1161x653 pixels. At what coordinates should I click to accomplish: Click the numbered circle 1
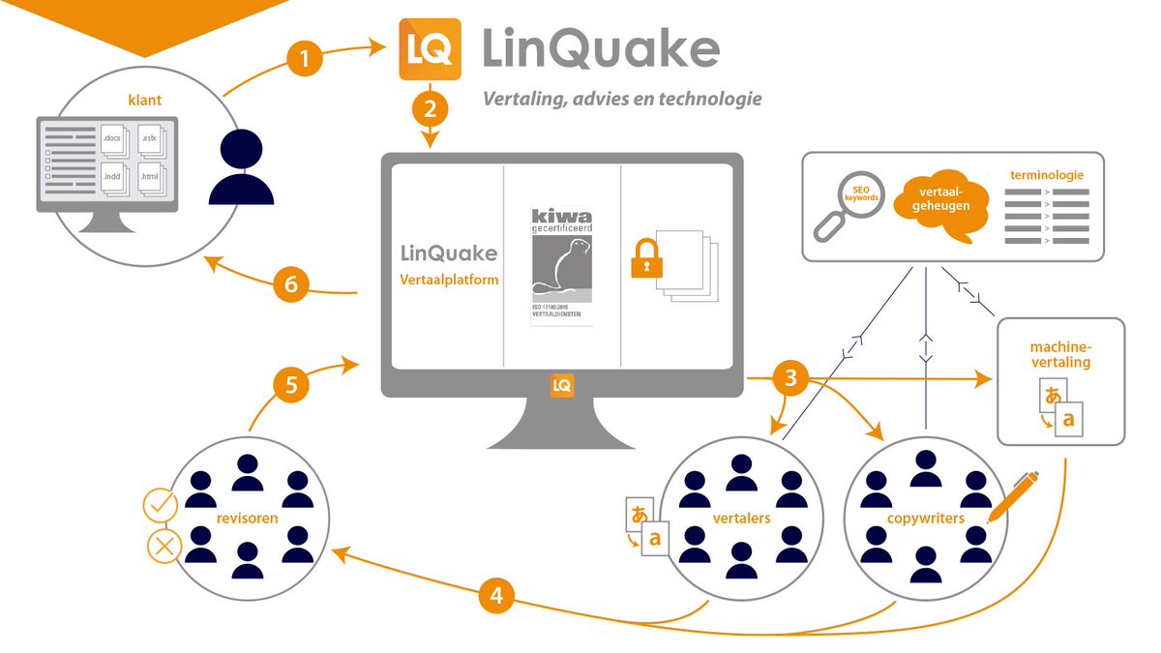coord(306,59)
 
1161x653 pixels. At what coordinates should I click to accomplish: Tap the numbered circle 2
coord(430,106)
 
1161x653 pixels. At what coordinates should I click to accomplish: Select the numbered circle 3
coord(791,379)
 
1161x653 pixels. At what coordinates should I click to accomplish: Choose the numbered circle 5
coord(290,385)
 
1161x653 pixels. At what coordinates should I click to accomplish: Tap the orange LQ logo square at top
coord(430,49)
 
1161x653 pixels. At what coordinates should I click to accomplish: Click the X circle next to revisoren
coord(164,546)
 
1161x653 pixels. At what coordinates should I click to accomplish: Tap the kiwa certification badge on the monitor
coord(562,265)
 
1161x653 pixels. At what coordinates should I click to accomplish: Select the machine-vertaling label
coord(1060,353)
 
